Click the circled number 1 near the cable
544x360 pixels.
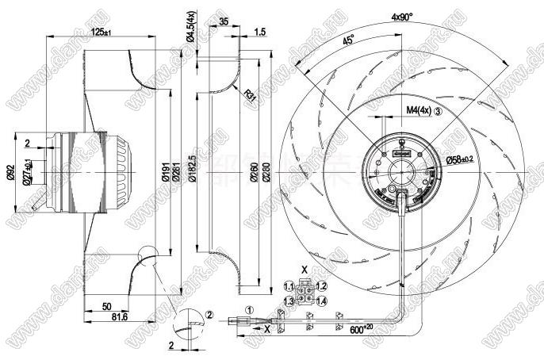[248, 311]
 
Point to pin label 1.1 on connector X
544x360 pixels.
[289, 286]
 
